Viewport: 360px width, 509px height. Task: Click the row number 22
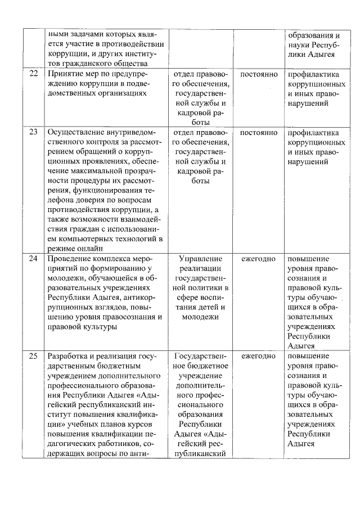[x=33, y=74]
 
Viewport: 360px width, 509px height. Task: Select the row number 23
[x=33, y=133]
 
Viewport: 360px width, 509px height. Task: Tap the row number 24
[x=33, y=259]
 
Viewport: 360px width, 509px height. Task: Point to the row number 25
[x=33, y=356]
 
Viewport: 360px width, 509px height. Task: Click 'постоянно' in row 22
[x=259, y=74]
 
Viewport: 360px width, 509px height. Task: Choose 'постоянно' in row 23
[x=259, y=133]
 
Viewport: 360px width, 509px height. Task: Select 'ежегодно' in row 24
[x=259, y=259]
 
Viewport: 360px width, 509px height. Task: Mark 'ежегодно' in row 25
[x=259, y=356]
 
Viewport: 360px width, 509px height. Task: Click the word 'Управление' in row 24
[x=200, y=259]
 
